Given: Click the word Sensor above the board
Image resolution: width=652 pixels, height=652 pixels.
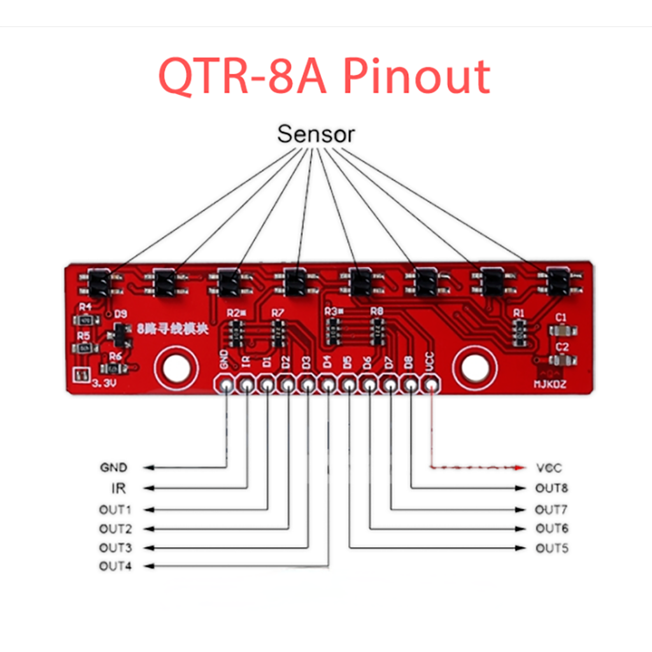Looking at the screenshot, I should point(316,135).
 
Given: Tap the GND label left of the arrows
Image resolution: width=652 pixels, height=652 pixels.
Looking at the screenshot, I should point(113,467).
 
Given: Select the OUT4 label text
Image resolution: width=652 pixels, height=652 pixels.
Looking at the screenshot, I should point(115,566).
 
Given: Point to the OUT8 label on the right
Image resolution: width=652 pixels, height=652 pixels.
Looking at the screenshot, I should point(551,489).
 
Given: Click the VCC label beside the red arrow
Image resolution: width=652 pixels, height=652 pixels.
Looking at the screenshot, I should point(549,468).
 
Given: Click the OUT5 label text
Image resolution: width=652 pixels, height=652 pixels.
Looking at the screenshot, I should point(551,548).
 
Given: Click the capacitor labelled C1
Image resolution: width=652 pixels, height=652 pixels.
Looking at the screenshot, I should point(562,331).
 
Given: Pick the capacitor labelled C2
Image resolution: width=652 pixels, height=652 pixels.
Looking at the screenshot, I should point(562,360).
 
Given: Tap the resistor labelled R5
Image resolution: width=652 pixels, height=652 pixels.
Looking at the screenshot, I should point(85,349).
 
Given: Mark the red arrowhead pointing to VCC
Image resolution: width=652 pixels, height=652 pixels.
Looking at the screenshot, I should point(521,468).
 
